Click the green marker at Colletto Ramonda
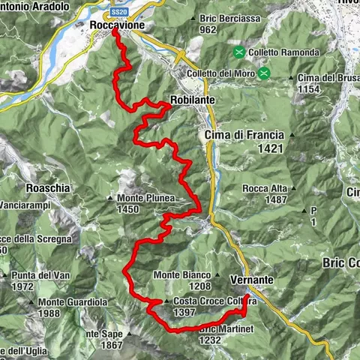pos(239,52)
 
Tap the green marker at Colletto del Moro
pos(265,73)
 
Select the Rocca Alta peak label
pos(265,188)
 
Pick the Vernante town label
pos(252,278)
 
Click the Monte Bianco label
pos(181,274)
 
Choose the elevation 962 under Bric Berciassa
pos(208,30)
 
